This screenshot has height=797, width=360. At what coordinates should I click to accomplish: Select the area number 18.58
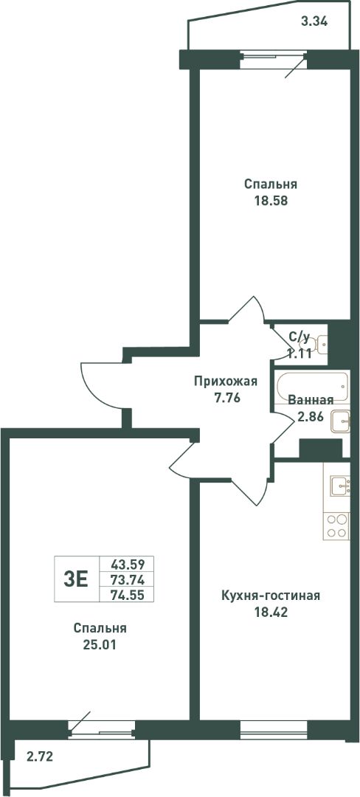(271, 200)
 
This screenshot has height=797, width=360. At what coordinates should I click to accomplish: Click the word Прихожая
(226, 382)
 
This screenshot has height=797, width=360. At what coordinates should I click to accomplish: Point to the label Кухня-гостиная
(271, 596)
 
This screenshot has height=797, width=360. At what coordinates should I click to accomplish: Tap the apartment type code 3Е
(76, 579)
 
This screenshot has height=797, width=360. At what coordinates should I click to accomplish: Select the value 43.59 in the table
(128, 564)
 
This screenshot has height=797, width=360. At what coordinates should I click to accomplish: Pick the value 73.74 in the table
(128, 579)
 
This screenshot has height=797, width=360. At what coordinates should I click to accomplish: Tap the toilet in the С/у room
(319, 345)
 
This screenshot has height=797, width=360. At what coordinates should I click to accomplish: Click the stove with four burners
(337, 526)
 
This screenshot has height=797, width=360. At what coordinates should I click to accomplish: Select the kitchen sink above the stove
(339, 486)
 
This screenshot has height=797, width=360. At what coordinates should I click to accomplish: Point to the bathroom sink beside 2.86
(340, 421)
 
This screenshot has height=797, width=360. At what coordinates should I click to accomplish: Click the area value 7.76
(226, 398)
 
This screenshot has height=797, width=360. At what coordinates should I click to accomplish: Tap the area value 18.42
(271, 612)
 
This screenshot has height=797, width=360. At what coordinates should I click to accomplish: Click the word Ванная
(311, 399)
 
